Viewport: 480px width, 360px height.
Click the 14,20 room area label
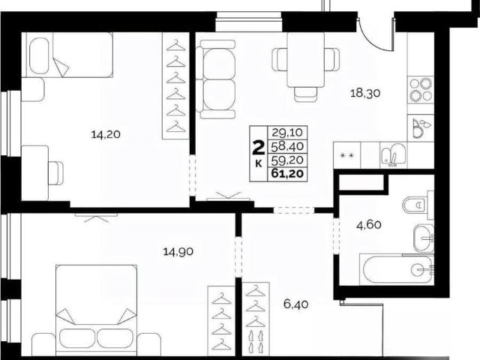coord(106,134)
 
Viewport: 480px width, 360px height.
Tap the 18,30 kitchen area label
coord(365,92)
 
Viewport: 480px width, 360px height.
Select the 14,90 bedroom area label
coord(178,252)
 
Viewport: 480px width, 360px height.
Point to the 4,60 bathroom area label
coord(369,225)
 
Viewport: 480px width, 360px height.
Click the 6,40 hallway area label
coord(295,304)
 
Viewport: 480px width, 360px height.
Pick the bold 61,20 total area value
coord(287,174)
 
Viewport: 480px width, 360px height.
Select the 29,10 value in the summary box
coord(287,133)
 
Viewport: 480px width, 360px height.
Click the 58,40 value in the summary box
coord(287,146)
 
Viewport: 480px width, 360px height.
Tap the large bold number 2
coord(258,148)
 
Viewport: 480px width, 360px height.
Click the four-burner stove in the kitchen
coord(421,89)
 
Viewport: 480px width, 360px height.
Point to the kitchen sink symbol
coord(393,155)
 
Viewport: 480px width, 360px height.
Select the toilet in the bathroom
coord(418,205)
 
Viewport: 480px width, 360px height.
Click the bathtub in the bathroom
coord(397,269)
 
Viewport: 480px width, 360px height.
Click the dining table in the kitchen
coord(305,60)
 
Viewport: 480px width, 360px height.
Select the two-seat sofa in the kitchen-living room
coord(217,79)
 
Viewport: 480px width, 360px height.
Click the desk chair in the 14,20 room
coord(56,173)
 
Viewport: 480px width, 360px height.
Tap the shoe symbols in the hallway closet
coord(255,340)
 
